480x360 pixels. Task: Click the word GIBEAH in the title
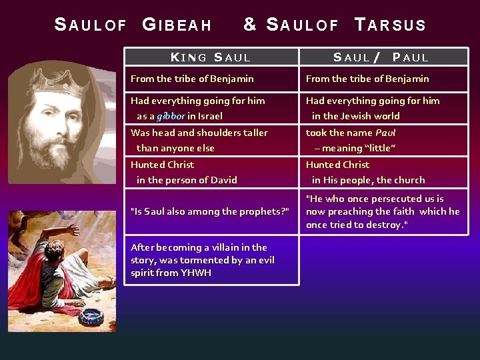pyautogui.click(x=177, y=25)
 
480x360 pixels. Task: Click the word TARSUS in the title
pyautogui.click(x=391, y=25)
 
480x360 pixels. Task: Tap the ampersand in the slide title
pyautogui.click(x=250, y=25)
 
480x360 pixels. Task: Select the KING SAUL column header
pyautogui.click(x=211, y=57)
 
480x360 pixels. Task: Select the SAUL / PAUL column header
pyautogui.click(x=381, y=57)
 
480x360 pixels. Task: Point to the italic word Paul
pyautogui.click(x=386, y=133)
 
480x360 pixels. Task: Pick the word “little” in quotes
pyautogui.click(x=382, y=148)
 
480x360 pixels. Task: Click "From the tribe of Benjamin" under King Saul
pyautogui.click(x=192, y=79)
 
